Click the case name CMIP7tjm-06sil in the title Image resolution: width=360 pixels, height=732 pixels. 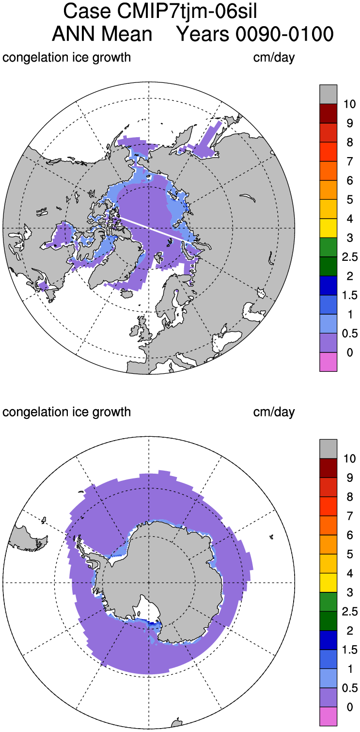187,12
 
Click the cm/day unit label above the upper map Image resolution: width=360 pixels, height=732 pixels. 274,58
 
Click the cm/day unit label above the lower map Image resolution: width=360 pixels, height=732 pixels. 274,412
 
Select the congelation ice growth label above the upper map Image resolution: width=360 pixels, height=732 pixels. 67,58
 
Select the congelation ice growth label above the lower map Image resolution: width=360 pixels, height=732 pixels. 67,412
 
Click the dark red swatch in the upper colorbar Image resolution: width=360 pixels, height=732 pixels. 328,113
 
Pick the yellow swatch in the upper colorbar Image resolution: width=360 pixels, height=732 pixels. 328,228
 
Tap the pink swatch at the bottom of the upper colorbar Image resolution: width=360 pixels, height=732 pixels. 328,362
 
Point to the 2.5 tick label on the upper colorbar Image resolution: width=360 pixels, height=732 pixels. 349,257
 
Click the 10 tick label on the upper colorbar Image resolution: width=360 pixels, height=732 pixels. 349,104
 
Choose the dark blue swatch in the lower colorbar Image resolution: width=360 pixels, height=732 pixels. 328,640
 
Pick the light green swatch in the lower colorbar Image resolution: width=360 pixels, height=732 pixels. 328,602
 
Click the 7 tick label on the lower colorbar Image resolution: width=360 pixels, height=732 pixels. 349,516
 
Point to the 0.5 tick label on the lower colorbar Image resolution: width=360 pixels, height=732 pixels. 349,688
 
